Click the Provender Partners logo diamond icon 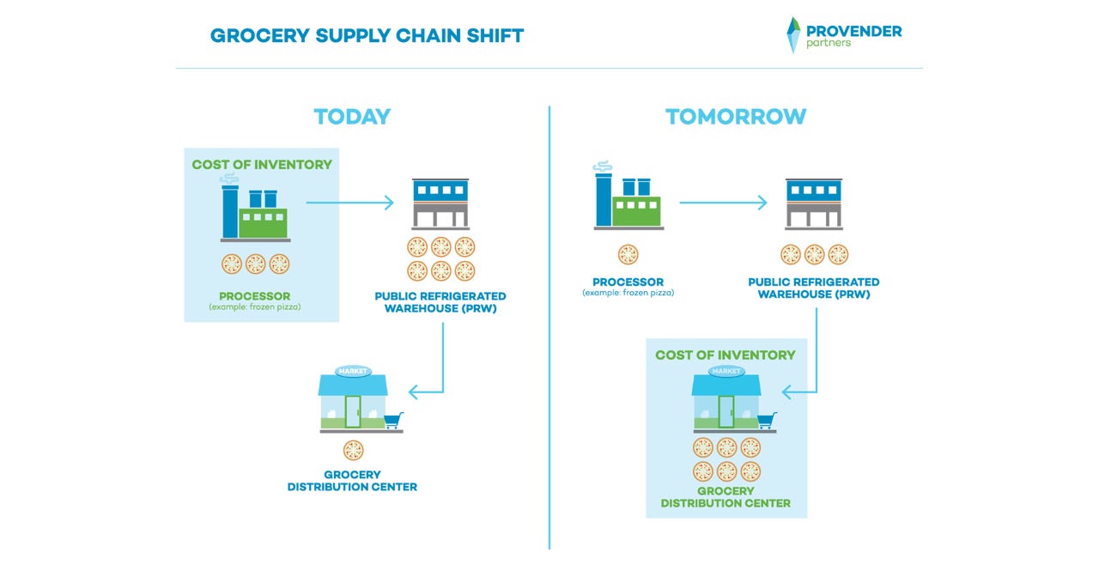[x=793, y=35]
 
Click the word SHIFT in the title [x=495, y=36]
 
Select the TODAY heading [x=352, y=117]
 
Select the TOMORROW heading [x=736, y=117]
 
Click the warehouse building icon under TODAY [x=440, y=204]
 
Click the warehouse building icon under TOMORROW [x=813, y=204]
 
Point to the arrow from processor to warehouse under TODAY [x=349, y=203]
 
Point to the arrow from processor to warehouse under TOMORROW [x=723, y=203]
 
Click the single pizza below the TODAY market [x=353, y=451]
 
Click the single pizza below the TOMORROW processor [x=628, y=255]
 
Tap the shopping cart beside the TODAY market [x=394, y=421]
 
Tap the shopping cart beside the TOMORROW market [x=768, y=421]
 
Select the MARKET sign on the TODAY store [x=353, y=372]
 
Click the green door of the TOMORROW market [x=726, y=411]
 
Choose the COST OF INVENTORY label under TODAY [x=262, y=165]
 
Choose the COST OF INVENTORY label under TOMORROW [x=726, y=355]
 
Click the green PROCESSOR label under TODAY [x=255, y=296]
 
